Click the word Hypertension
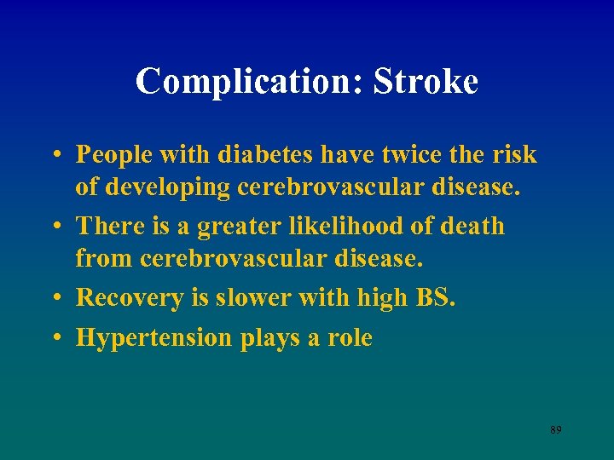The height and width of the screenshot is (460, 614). click(153, 338)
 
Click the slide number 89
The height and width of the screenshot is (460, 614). click(555, 430)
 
